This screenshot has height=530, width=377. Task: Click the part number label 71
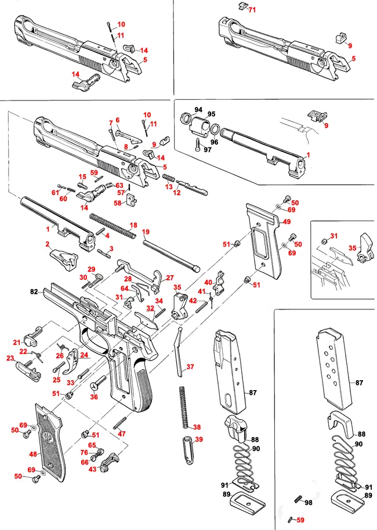[252, 10]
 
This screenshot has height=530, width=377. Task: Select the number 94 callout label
[198, 110]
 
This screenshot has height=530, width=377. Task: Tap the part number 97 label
[208, 149]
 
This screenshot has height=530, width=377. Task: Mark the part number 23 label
[10, 358]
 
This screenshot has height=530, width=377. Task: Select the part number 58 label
[118, 203]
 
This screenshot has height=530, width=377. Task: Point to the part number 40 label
[208, 282]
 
